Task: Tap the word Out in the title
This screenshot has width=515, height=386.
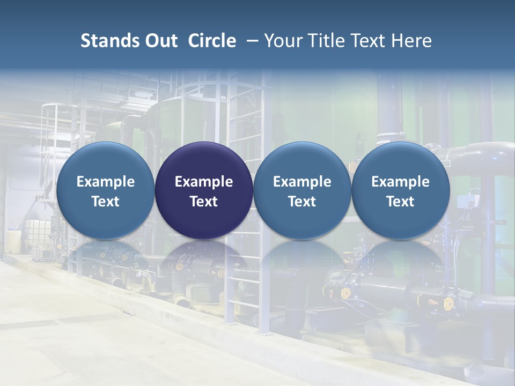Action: (x=160, y=41)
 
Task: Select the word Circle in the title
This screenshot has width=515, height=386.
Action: (x=212, y=41)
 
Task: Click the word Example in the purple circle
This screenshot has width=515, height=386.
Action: (x=204, y=182)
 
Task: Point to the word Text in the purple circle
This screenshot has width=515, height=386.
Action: (x=204, y=202)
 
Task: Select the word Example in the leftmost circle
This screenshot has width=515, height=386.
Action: (x=105, y=182)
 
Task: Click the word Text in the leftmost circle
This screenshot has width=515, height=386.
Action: (x=105, y=202)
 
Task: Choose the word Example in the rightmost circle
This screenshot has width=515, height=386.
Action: (x=401, y=182)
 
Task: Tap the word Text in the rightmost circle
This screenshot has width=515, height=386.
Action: (x=401, y=202)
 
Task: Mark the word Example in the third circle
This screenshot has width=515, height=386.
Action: (x=302, y=182)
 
